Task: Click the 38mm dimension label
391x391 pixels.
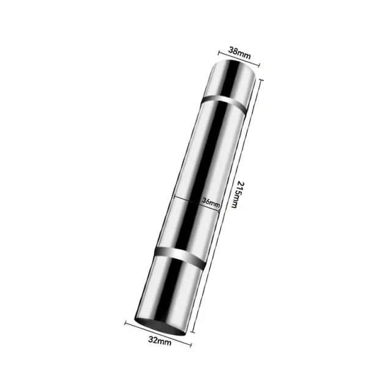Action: click(x=239, y=53)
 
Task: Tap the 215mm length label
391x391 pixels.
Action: click(x=238, y=194)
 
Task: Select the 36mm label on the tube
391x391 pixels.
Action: click(x=211, y=202)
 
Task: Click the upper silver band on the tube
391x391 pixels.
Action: click(x=224, y=103)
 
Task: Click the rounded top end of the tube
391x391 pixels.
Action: click(x=233, y=67)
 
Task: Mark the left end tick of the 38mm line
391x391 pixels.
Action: click(x=219, y=53)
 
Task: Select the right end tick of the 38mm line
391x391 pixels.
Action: click(x=259, y=65)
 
